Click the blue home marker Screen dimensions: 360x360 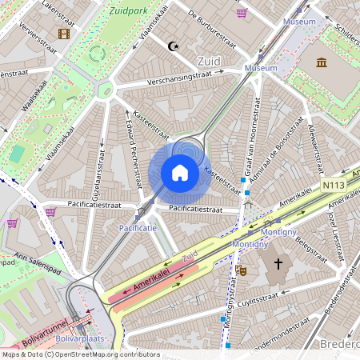tap(180, 173)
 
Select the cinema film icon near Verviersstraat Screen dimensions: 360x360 tap(64, 34)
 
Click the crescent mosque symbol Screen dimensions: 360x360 tap(172, 46)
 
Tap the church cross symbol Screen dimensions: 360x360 tap(278, 263)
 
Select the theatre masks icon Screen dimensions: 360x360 tap(240, 270)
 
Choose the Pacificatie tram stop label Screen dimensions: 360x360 tap(138, 228)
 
